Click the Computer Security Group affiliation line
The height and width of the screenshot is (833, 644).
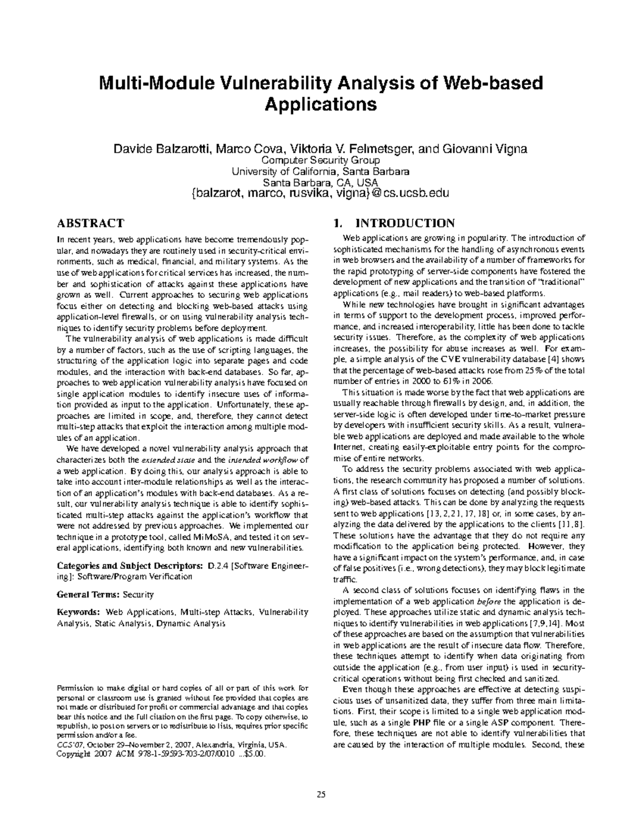pyautogui.click(x=320, y=160)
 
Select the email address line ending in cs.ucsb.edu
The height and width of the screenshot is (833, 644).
pyautogui.click(x=320, y=193)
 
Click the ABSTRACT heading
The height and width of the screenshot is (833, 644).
pyautogui.click(x=90, y=223)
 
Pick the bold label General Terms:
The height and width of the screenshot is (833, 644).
pyautogui.click(x=89, y=594)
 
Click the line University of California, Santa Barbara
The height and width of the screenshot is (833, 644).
pyautogui.click(x=320, y=172)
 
